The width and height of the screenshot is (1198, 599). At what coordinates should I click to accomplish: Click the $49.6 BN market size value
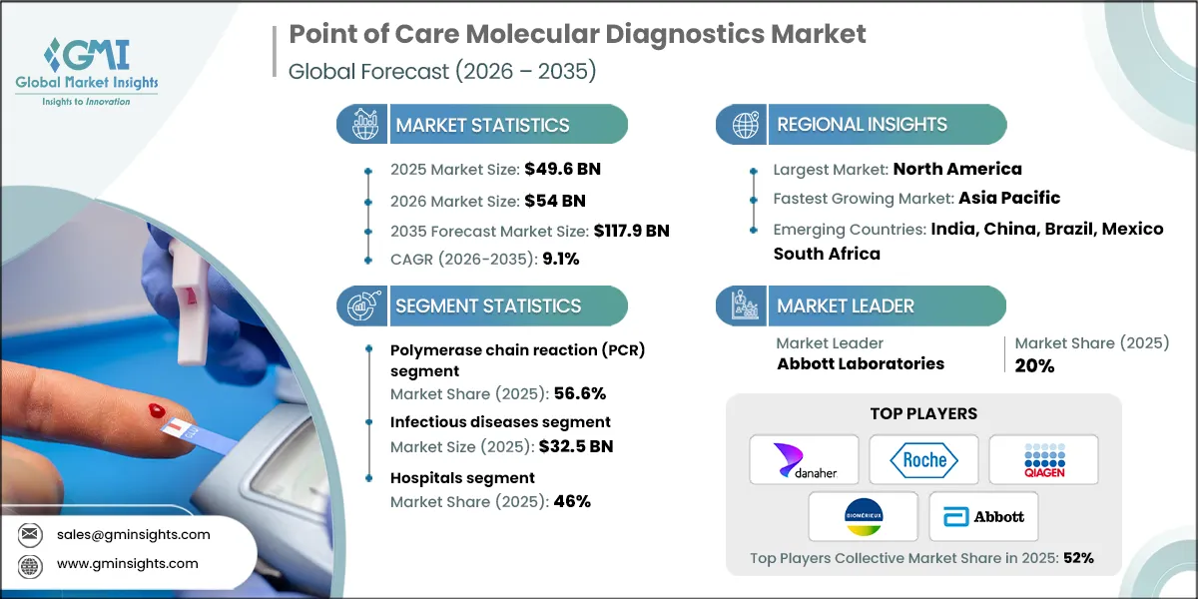pos(564,169)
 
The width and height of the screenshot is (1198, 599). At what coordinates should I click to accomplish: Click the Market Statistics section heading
pos(482,125)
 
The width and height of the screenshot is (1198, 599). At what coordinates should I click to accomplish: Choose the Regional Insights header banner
pos(862,125)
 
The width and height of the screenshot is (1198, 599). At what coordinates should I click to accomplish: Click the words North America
pos(957,169)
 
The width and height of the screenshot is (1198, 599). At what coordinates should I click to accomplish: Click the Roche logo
pos(923,459)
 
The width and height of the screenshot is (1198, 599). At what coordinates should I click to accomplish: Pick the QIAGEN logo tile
pos(1043,459)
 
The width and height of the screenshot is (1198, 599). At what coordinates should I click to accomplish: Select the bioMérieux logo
pos(864,516)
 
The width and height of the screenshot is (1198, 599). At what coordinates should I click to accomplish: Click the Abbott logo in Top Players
pos(983,516)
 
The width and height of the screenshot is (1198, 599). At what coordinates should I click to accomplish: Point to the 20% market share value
pos(1035,365)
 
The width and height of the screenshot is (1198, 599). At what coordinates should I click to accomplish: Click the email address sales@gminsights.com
pos(140,534)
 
